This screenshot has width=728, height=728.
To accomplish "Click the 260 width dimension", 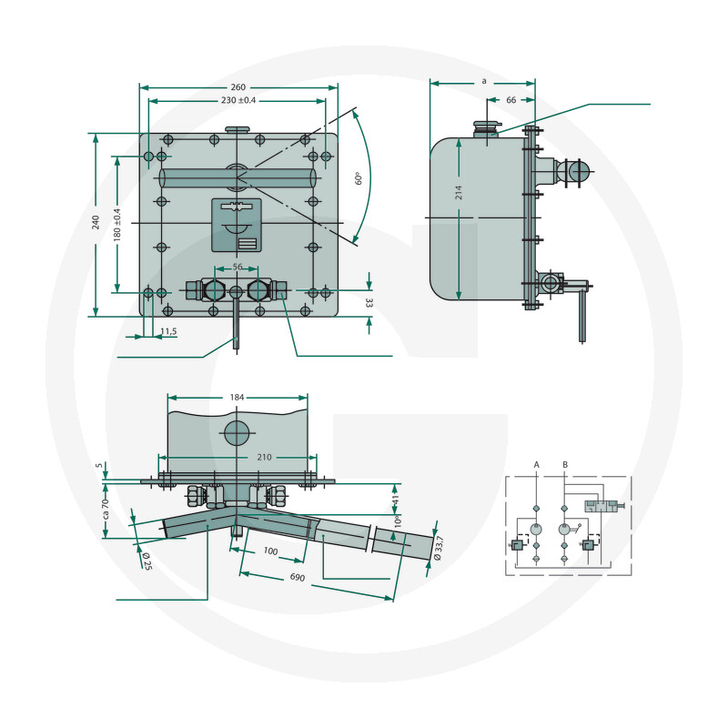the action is coord(238,87).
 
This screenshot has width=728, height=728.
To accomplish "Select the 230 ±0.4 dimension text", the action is coord(238,100).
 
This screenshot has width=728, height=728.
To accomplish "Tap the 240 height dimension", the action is coord(96,222).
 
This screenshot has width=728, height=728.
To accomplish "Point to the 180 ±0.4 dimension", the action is coord(117,225).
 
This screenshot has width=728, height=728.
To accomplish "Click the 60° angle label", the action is coord(358,178).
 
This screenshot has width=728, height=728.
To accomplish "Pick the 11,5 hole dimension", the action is coord(168,331).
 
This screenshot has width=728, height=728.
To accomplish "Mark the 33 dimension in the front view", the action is coord(369,303).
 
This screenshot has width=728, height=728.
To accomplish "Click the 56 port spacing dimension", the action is coord(238,267).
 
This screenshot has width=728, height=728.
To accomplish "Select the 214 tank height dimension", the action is coord(459,193).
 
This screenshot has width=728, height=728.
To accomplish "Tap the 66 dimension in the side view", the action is coord(511,100).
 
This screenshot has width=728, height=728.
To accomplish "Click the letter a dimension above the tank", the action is coord(484,81).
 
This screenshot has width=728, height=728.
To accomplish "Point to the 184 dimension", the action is coord(237,398).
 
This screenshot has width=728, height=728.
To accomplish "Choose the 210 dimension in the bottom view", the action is coord(264,458).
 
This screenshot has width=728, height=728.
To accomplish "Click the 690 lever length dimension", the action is coord(298,577).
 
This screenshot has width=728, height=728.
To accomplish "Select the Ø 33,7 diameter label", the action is coord(439,548).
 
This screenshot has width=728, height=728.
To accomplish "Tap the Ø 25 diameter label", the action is coord(147,561).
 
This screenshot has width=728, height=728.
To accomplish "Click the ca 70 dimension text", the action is coord(106,509).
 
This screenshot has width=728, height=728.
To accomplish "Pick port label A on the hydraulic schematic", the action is coord(537,465).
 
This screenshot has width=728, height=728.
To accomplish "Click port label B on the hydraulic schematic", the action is coord(565,465).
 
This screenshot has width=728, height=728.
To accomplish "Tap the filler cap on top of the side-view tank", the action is coord(487,128).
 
